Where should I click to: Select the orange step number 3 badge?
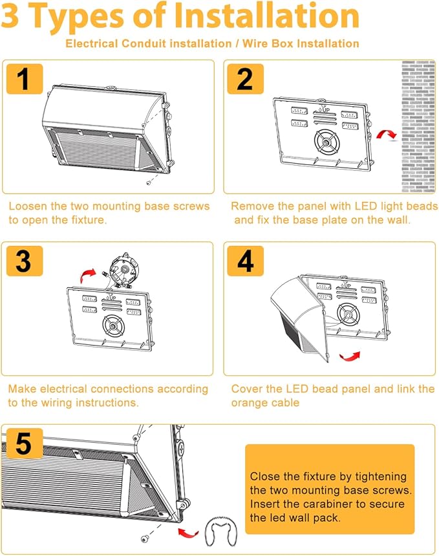(x=23, y=261)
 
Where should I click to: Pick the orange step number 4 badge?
(x=245, y=261)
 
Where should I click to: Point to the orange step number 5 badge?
(x=23, y=444)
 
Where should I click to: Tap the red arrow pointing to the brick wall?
(x=387, y=134)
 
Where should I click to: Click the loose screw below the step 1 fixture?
(x=149, y=183)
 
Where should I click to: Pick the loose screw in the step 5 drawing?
(x=143, y=539)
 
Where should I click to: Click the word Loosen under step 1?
(x=28, y=206)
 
